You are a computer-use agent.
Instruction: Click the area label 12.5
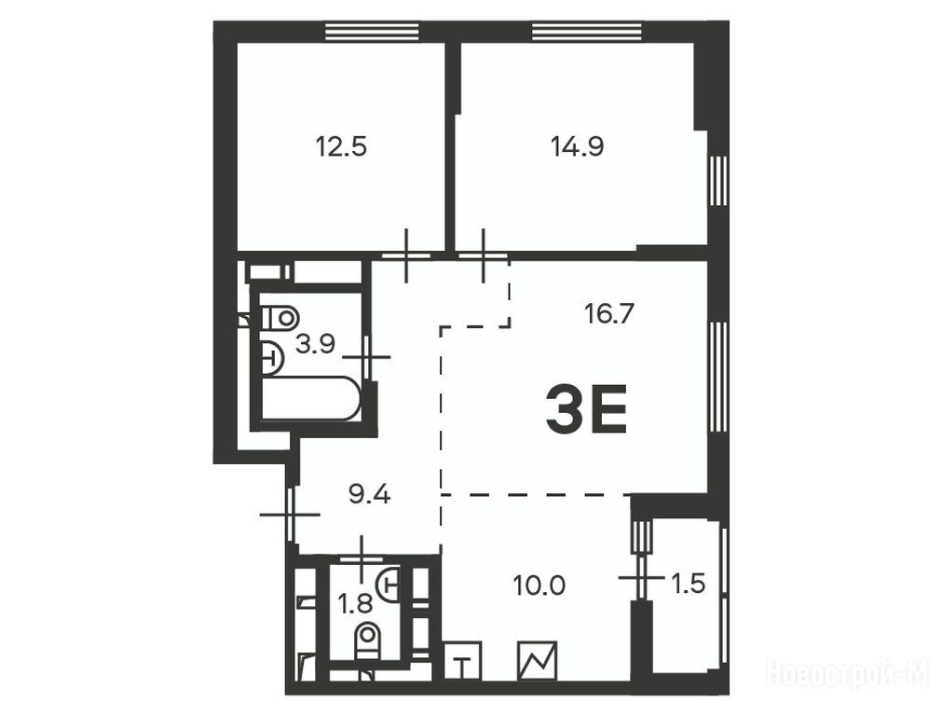point(341,146)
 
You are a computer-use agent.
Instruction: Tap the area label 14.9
point(578,146)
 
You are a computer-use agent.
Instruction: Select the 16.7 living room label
point(609,313)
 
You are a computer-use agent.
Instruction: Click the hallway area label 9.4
point(370,495)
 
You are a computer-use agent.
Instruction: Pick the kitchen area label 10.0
point(539,585)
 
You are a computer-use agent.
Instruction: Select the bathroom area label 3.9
point(316,344)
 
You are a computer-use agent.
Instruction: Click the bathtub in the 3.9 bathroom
point(311,397)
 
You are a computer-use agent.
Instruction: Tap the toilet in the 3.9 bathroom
point(279,317)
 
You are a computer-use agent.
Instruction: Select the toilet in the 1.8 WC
point(367,640)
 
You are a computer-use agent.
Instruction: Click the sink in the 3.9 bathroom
point(272,358)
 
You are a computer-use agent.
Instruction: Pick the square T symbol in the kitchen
point(462,660)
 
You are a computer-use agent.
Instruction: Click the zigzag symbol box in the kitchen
point(537,660)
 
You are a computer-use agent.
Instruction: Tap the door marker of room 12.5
point(407,255)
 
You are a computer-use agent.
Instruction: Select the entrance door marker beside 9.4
point(290,515)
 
